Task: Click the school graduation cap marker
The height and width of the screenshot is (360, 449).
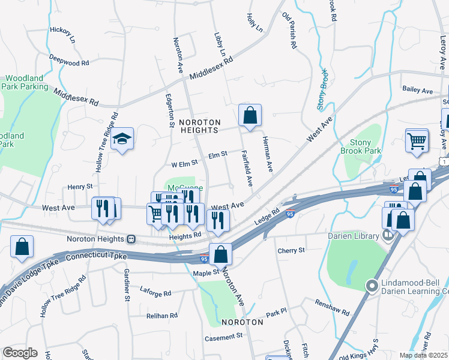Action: point(122,139)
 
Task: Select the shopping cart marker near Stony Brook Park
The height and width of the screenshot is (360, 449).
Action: point(417,141)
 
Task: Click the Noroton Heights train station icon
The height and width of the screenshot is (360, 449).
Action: point(130,238)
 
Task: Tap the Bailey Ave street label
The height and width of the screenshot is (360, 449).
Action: point(418,91)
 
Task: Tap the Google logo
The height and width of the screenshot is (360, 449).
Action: point(20,353)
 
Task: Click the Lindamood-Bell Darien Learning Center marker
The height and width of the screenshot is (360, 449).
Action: point(372,287)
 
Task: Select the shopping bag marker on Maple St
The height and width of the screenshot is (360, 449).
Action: point(220,254)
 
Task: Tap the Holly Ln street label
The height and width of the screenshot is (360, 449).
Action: point(255,23)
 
